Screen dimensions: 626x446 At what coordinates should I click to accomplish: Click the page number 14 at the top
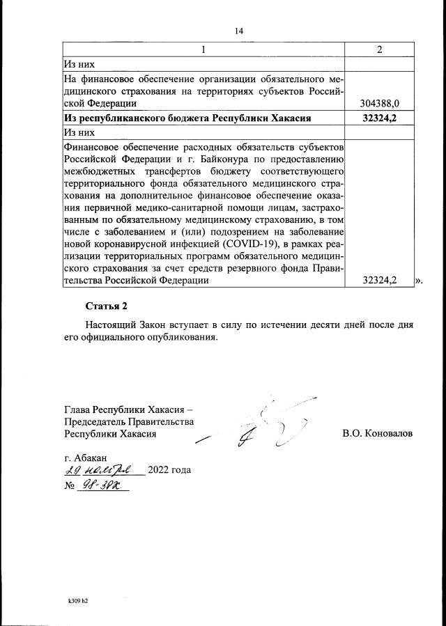239,31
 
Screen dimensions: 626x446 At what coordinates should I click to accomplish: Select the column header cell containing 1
203,49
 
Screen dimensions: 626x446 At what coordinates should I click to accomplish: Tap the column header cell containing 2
379,49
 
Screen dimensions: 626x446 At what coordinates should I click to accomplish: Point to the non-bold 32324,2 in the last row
380,280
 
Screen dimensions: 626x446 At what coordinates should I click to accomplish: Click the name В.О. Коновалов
377,433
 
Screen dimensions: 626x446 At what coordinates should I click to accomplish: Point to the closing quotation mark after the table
419,280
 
